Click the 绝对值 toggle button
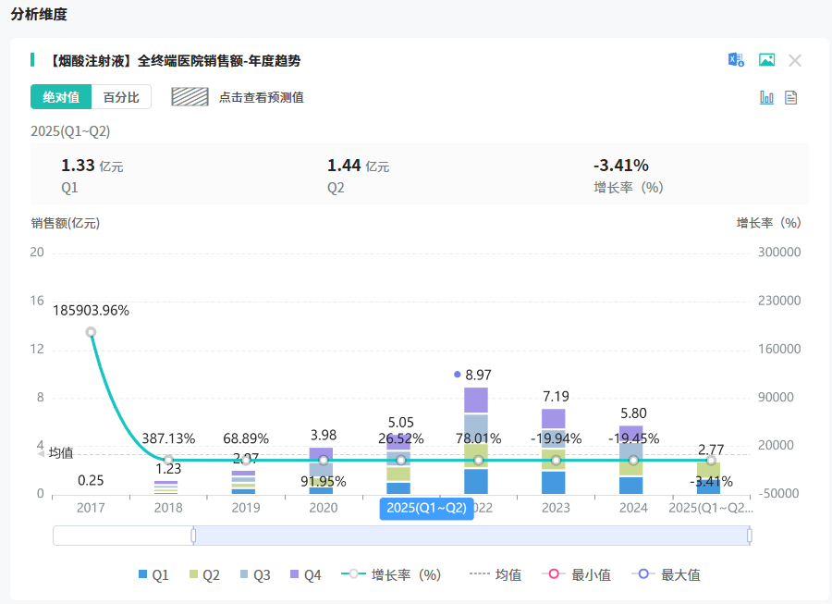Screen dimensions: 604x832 (x=61, y=97)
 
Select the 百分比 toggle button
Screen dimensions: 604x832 (x=121, y=97)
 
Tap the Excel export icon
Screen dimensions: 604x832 (x=736, y=60)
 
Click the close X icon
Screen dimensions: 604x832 (x=795, y=60)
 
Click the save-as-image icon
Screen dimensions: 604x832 (x=766, y=60)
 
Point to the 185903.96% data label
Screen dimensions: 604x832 (x=91, y=311)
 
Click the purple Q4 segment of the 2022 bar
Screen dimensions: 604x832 (x=476, y=400)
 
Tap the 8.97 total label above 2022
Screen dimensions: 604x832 (x=478, y=375)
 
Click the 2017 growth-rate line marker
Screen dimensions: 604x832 (x=91, y=332)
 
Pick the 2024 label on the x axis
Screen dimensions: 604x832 (x=633, y=508)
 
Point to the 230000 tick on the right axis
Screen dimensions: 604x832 (x=778, y=301)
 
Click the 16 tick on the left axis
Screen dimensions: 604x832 (x=37, y=301)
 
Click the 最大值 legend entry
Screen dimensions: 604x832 (x=673, y=575)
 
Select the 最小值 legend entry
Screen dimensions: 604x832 (x=581, y=575)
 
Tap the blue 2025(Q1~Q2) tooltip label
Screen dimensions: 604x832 (x=426, y=508)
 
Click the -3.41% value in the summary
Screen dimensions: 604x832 (x=620, y=166)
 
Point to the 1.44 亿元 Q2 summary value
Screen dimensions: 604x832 (x=358, y=166)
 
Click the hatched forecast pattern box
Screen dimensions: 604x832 (x=190, y=97)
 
